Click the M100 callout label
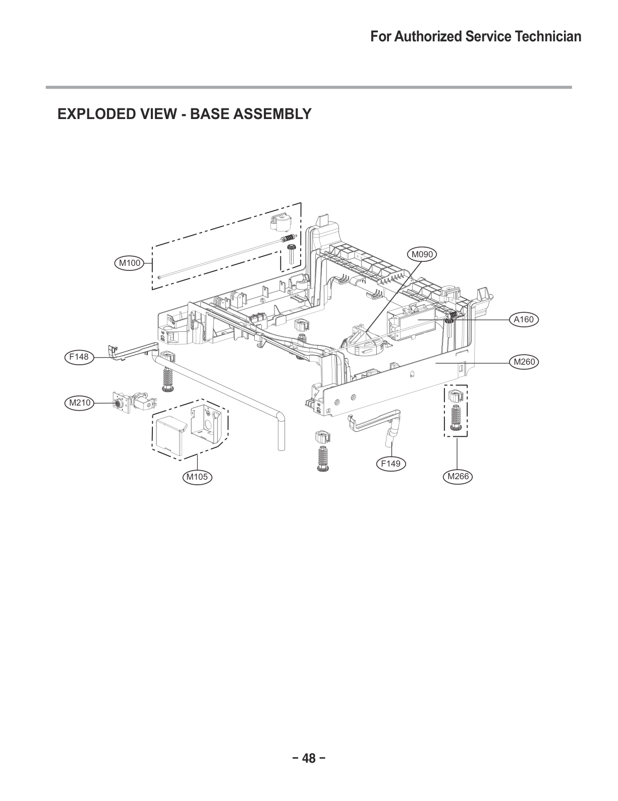pos(130,262)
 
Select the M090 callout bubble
pos(422,254)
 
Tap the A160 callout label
pos(524,319)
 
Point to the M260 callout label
pos(524,362)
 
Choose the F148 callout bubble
pos(79,357)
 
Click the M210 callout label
pos(79,403)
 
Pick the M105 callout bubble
pos(197,477)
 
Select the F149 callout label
pos(391,464)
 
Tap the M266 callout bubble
pos(457,476)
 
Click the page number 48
pos(309,758)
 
